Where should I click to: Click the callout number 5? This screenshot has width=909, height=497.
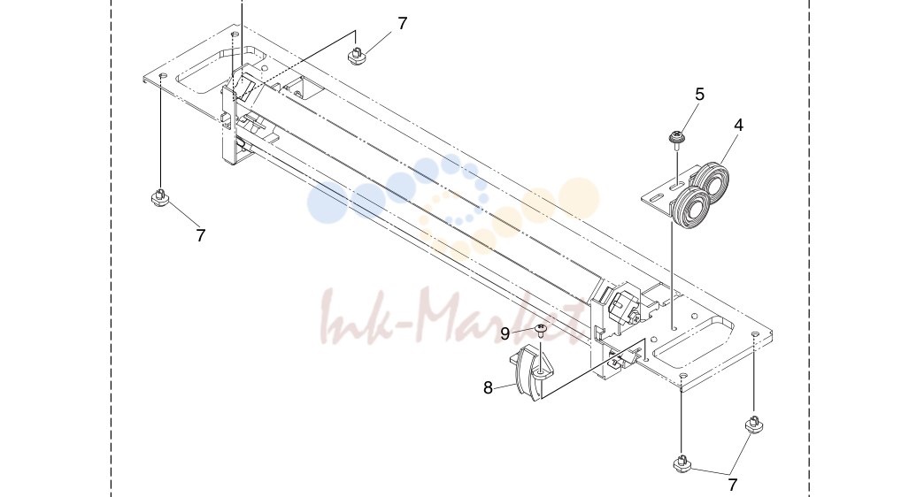(x=700, y=95)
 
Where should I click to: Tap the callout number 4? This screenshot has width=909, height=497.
(x=738, y=125)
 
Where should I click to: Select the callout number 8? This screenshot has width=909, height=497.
(x=488, y=388)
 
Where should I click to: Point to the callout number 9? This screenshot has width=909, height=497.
(x=505, y=334)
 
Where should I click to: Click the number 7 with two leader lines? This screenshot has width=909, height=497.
(x=733, y=485)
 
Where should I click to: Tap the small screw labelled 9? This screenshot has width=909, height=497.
(x=541, y=331)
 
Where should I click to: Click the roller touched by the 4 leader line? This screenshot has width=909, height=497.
(x=712, y=182)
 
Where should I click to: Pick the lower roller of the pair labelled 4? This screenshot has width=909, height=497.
(x=689, y=207)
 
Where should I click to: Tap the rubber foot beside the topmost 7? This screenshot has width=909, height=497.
(x=357, y=57)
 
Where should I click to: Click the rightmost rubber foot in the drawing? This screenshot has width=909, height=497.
(x=754, y=424)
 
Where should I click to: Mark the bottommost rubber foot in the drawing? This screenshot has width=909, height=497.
(x=682, y=463)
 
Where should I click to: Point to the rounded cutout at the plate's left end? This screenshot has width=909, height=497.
(x=220, y=70)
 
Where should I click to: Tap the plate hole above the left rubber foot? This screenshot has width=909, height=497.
(x=162, y=76)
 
